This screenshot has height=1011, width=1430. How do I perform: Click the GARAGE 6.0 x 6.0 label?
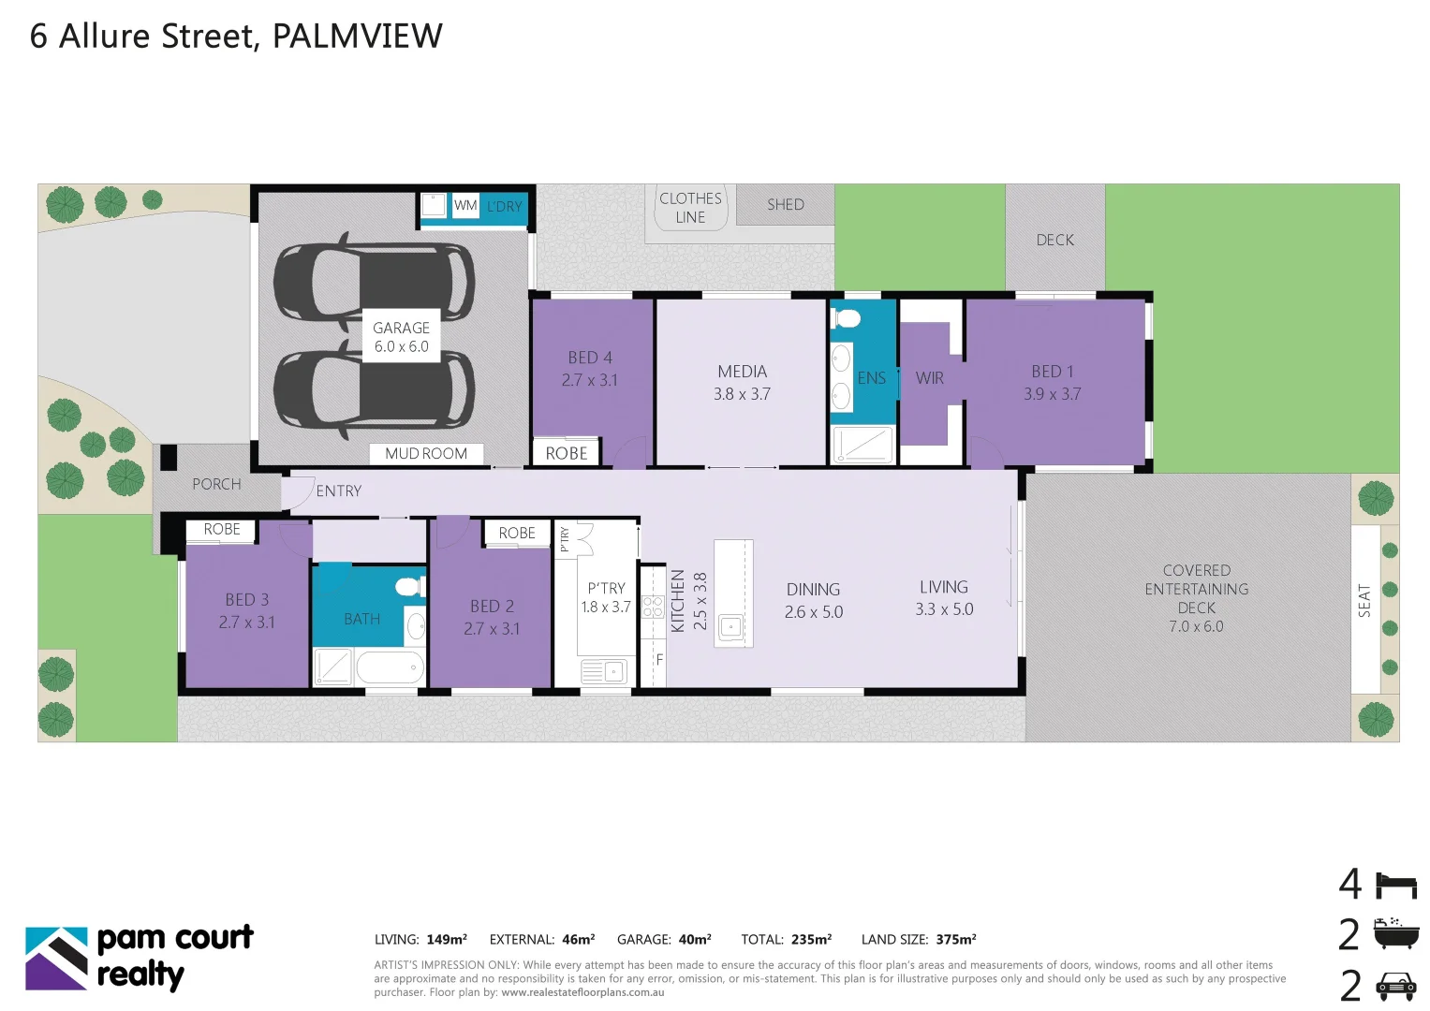tap(401, 337)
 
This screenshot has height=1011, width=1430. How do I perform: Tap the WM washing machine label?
tap(465, 205)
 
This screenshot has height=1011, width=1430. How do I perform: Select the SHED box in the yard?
tap(785, 204)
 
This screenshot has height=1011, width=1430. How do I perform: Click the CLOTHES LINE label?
tap(690, 208)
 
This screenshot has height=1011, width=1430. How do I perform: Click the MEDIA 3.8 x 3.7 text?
tap(742, 383)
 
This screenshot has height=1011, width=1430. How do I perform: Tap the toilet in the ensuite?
tap(848, 318)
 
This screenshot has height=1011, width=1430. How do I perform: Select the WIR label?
tap(929, 378)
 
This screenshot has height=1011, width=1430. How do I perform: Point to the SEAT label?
tap(1364, 600)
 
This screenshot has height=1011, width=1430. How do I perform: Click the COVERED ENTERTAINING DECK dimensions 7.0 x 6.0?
tap(1196, 626)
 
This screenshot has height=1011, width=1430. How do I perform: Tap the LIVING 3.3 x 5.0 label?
tap(944, 597)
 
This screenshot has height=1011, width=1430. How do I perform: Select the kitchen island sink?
tap(731, 626)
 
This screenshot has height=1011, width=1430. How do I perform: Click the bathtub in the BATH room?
tap(390, 667)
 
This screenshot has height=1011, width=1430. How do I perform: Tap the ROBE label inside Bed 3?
tap(222, 529)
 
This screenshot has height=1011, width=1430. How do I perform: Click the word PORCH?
tap(216, 484)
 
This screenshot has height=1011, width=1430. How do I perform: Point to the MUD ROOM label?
tap(426, 453)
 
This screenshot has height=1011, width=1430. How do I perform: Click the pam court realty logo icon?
tap(56, 958)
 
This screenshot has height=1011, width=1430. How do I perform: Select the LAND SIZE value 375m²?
tap(955, 939)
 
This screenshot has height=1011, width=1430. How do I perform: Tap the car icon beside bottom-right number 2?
tap(1395, 985)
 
